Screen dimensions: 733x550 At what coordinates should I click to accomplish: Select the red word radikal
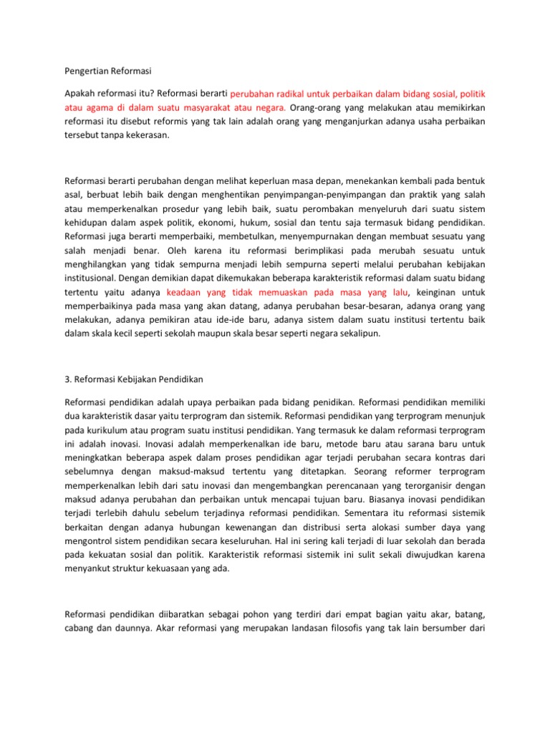(x=284, y=94)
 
